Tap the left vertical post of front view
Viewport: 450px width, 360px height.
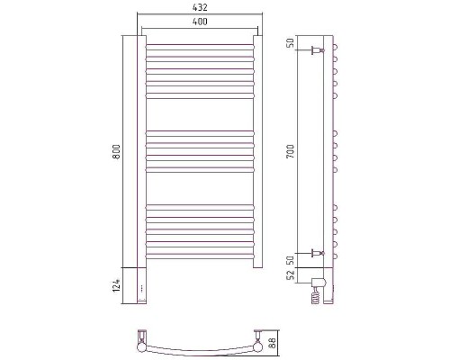click(139, 153)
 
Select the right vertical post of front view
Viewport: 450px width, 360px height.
click(256, 153)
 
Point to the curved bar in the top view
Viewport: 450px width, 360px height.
click(197, 348)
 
